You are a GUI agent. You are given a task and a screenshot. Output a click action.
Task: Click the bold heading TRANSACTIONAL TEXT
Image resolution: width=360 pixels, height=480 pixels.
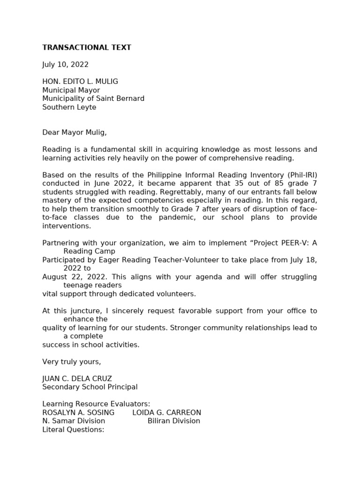coord(87,47)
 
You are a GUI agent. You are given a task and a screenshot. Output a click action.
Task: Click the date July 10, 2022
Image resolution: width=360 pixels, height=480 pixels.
coord(65,65)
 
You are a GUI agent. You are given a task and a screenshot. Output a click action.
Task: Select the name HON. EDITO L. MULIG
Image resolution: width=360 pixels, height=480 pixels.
coord(80,82)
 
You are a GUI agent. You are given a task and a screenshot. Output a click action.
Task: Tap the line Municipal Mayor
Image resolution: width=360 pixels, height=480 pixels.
coord(71,90)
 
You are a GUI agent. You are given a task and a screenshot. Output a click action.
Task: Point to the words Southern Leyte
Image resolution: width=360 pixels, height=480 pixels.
coord(69,107)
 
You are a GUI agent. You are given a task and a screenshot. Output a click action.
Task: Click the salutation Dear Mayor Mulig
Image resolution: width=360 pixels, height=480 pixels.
coord(74,133)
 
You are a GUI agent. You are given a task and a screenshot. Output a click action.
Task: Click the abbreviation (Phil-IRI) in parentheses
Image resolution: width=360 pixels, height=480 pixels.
coord(302,175)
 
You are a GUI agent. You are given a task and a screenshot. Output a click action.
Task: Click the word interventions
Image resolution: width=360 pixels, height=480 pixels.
coord(66,226)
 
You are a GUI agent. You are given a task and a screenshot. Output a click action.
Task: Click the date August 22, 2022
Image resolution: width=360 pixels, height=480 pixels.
coord(70,277)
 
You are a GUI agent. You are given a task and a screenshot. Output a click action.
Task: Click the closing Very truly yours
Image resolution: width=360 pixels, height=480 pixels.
coord(71,362)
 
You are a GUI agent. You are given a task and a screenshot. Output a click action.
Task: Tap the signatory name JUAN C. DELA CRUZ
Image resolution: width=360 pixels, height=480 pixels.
coord(77,379)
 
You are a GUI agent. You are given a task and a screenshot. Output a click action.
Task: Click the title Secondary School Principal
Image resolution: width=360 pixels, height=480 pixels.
coord(90,387)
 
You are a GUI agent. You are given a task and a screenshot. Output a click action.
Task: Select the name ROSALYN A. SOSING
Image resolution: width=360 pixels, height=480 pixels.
coord(78,412)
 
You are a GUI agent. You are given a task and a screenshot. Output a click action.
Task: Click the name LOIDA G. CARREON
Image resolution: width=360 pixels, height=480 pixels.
coord(166,412)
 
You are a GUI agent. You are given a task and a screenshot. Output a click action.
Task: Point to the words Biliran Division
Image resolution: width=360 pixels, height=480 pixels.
coord(173,421)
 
